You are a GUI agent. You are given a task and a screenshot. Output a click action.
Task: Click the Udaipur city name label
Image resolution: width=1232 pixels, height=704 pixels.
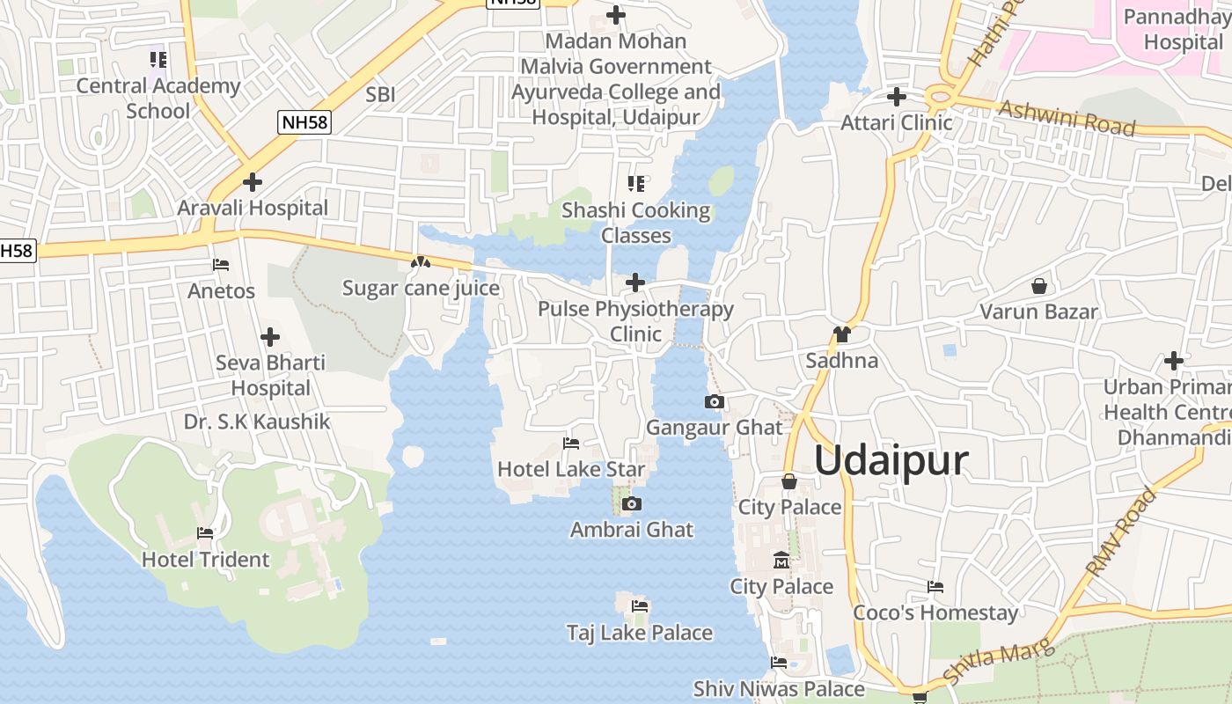point(891,461)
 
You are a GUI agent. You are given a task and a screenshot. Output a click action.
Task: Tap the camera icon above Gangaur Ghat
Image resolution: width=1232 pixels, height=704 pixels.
point(715,402)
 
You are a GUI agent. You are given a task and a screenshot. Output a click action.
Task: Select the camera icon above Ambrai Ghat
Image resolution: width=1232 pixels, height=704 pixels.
point(631,504)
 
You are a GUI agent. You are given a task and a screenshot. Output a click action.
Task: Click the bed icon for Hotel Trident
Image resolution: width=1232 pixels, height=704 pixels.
point(205,533)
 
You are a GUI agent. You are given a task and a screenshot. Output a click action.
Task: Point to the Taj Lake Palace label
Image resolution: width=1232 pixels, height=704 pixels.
point(640,633)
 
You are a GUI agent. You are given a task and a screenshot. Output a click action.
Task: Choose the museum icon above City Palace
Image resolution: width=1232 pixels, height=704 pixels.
point(781,561)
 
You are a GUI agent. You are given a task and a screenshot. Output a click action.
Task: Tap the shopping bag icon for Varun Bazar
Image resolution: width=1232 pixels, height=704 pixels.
point(1039,286)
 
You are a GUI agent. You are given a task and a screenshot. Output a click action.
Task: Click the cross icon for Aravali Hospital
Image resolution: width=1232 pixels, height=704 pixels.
point(253,182)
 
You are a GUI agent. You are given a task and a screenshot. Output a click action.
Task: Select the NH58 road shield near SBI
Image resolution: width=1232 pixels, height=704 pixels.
point(304,122)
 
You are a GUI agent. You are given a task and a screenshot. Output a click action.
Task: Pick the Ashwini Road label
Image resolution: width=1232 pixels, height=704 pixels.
point(1067,118)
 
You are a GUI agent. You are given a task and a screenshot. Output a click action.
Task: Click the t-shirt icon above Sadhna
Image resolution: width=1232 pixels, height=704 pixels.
point(841,334)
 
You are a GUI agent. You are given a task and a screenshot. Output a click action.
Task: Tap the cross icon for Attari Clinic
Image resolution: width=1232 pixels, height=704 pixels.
point(897,96)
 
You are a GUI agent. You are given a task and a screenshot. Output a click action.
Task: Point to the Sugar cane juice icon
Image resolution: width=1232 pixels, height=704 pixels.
point(421,262)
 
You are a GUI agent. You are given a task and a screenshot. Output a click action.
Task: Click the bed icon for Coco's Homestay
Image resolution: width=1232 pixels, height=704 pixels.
point(935,587)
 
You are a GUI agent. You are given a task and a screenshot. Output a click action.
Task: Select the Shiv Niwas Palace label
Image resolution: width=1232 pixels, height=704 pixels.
point(779,689)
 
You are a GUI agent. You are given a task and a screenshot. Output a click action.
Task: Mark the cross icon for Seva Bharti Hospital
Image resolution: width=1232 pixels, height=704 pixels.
point(270,337)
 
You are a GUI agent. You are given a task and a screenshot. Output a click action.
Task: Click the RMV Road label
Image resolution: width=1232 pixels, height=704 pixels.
point(1121,533)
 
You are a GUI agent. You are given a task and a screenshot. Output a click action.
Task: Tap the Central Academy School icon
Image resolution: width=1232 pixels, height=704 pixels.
point(158,60)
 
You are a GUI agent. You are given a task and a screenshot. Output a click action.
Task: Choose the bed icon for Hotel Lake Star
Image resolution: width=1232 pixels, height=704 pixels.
point(571,444)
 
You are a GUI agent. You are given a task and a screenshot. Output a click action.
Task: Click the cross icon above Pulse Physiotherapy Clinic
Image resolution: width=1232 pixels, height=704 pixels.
point(635,282)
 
